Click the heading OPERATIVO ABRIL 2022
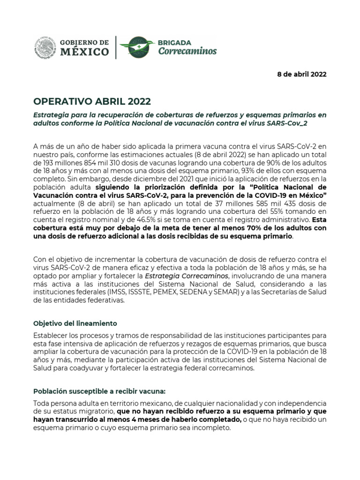pyautogui.click(x=92, y=102)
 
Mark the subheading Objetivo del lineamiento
pyautogui.click(x=75, y=323)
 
